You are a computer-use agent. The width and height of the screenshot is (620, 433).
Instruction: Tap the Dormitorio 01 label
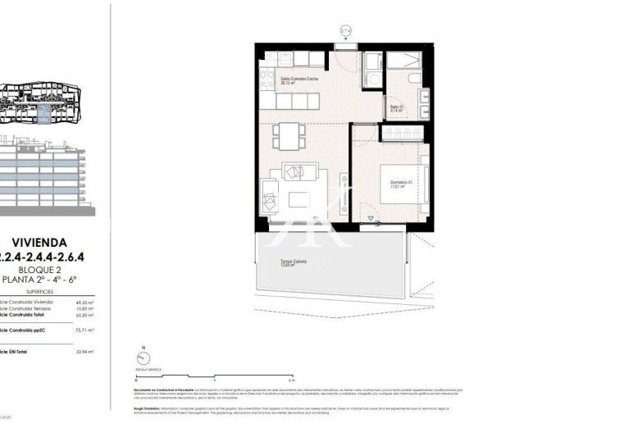399,183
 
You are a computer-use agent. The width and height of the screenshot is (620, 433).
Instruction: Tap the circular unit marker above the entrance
345,31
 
